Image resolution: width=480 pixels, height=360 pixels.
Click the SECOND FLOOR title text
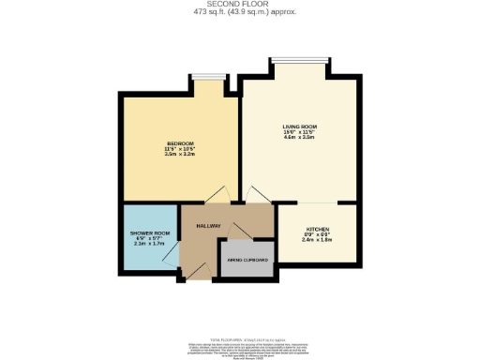coord(239,5)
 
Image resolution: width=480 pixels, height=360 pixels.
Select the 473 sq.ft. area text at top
coord(239,13)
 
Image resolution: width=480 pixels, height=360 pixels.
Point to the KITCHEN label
coord(317,230)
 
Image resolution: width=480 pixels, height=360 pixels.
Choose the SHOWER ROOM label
coord(148,232)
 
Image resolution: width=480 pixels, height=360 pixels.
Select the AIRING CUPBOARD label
coord(246,260)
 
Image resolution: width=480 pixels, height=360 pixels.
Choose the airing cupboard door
coord(230,232)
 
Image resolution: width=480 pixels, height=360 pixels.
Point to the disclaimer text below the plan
coord(239,347)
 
